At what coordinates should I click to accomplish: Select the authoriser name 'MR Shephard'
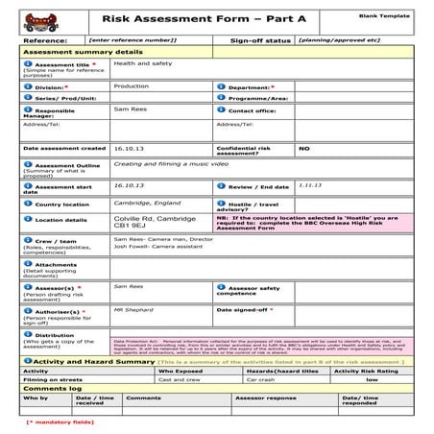tap(133, 310)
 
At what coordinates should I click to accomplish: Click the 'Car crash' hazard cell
tap(262, 379)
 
